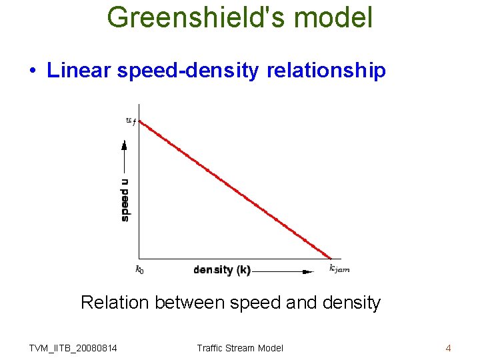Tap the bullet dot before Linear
tap(32, 71)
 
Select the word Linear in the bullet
tap(79, 71)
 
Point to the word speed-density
tap(187, 71)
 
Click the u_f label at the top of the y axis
tap(131, 121)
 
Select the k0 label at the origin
tap(139, 269)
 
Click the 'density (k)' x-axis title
tap(222, 270)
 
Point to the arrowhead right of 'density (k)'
tap(307, 271)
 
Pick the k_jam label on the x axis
tap(339, 269)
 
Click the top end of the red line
tap(140, 120)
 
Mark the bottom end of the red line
tap(331, 257)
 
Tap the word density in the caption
tap(350, 303)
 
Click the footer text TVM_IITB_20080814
tap(73, 348)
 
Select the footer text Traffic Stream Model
tap(240, 348)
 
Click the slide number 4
tap(448, 348)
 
